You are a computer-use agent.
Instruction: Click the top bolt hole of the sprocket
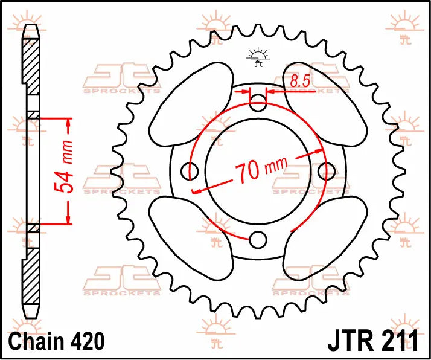[258, 103]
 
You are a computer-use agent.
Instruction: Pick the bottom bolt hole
[258, 240]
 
